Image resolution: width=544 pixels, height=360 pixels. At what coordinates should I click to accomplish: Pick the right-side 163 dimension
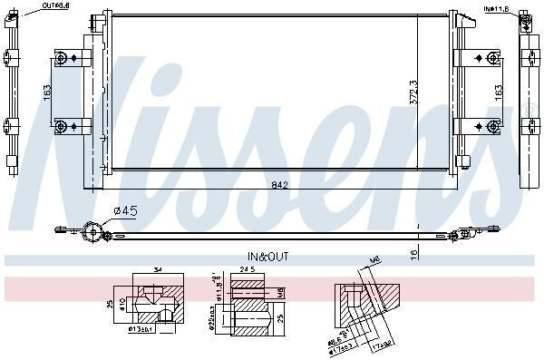pos(498,92)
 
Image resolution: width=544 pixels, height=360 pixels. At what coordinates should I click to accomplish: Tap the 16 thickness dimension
pos(413,253)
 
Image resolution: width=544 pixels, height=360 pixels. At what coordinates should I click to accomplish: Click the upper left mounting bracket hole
pos(61,60)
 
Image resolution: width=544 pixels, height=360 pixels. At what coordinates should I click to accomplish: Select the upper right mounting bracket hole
pos(492,59)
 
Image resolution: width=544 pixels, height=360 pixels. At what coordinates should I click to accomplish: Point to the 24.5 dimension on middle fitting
pos(246,269)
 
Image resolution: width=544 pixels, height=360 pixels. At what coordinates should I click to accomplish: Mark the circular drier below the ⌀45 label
pos(91,231)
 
